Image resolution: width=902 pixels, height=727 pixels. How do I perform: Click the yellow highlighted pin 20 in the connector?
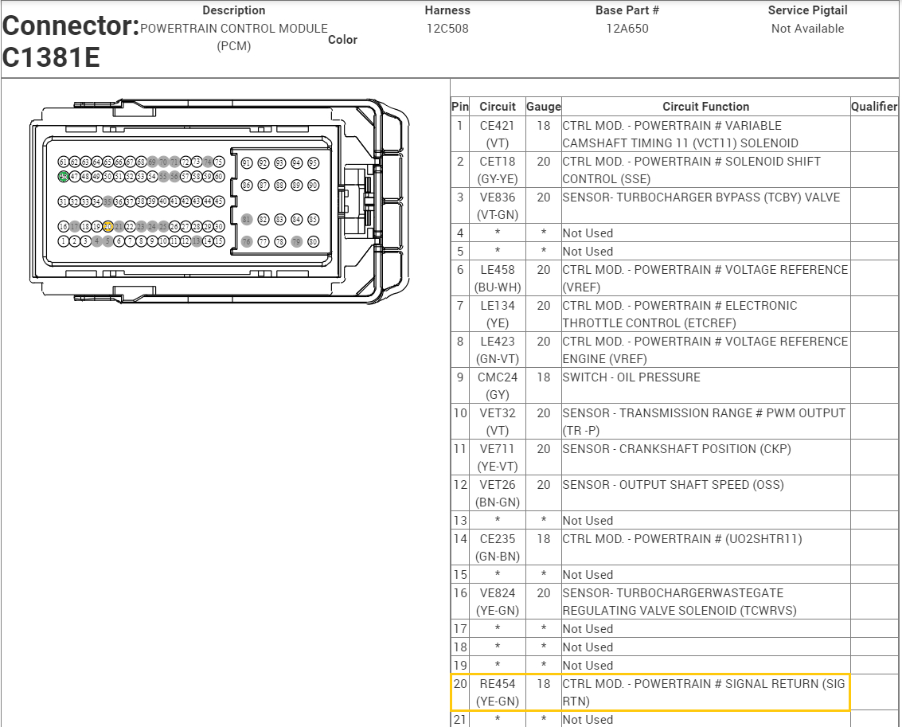[x=107, y=226]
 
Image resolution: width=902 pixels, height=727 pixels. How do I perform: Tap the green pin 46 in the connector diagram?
[x=63, y=176]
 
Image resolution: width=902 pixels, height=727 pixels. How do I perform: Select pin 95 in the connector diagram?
[x=313, y=162]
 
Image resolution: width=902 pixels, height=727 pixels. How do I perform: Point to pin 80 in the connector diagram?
[x=313, y=241]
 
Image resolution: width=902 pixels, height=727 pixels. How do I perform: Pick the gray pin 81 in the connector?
[x=247, y=219]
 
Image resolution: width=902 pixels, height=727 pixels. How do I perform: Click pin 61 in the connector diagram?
[x=63, y=162]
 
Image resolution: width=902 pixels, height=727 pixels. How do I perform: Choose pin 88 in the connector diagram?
[x=279, y=185]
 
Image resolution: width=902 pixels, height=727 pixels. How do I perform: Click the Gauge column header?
[x=544, y=107]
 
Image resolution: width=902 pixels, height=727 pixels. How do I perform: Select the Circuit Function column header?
[x=705, y=107]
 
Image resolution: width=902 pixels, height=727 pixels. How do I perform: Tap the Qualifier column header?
[x=874, y=107]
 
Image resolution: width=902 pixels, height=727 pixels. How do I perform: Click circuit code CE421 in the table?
[x=497, y=126]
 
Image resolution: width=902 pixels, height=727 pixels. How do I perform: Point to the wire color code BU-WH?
[x=497, y=287]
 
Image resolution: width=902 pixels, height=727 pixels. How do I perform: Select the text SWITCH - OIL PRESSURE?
[x=631, y=377]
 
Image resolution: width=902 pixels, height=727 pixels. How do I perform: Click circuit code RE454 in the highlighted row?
[x=497, y=684]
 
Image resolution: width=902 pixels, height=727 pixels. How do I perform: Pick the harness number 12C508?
[x=447, y=29]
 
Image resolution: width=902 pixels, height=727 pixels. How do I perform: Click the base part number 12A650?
[x=627, y=29]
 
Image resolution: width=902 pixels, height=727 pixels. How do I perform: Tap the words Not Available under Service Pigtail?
[x=807, y=29]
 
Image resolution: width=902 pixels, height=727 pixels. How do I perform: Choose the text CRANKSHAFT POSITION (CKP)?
[x=705, y=449]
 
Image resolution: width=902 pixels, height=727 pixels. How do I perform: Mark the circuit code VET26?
[x=497, y=485]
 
